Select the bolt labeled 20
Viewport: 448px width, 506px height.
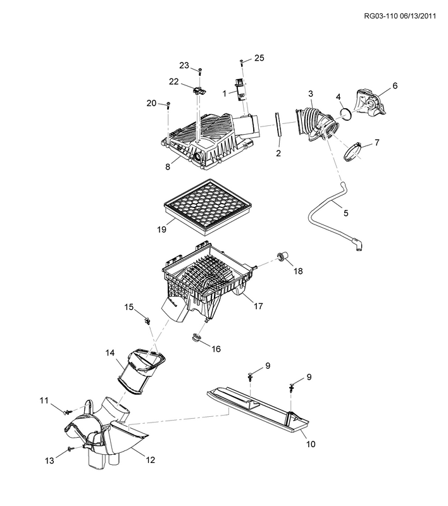click(x=168, y=105)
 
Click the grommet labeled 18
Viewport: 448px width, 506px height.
click(x=282, y=256)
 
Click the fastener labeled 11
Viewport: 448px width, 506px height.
click(x=65, y=412)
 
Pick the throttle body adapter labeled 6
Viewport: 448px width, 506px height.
click(x=371, y=102)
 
